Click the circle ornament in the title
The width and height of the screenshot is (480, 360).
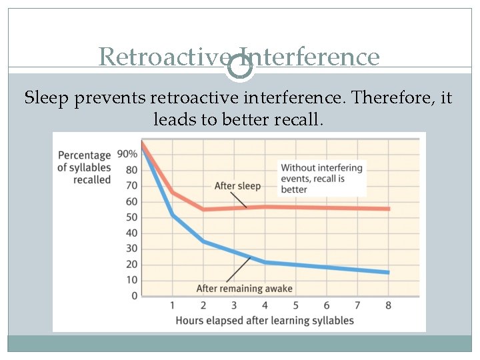(240, 66)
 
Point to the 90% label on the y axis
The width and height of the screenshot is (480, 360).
(127, 154)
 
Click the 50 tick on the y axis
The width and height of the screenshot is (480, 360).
(131, 217)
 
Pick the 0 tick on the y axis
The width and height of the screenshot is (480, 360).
(134, 296)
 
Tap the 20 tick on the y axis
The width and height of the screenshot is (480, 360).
(131, 265)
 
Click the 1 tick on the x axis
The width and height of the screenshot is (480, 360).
(172, 305)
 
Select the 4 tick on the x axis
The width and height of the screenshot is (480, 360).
(265, 305)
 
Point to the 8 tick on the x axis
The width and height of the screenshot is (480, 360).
(389, 305)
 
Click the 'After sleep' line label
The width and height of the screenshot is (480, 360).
(237, 186)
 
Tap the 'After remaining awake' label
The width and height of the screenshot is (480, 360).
(244, 289)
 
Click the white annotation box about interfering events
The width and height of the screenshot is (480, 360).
(322, 178)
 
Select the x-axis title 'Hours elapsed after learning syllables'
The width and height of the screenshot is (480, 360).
(265, 321)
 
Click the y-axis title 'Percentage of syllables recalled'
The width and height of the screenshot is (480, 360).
(84, 167)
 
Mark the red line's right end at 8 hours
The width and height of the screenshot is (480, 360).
(389, 209)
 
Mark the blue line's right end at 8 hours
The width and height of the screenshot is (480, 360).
(389, 272)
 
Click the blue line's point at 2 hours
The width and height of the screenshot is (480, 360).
(203, 241)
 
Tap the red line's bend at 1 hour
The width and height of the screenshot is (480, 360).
(172, 193)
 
